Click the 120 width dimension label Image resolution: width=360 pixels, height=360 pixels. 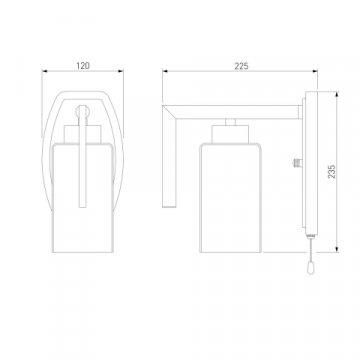(83, 66)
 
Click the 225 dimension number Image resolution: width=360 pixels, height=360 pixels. (241, 66)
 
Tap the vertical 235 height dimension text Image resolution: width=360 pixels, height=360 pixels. (332, 171)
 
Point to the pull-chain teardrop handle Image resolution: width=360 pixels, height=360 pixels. (310, 268)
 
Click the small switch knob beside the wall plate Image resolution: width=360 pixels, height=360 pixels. (297, 163)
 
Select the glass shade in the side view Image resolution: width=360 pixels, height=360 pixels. (230, 198)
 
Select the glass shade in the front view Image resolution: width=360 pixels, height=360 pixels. (82, 198)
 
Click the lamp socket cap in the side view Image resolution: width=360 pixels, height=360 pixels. (230, 134)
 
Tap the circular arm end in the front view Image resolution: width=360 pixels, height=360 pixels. (82, 111)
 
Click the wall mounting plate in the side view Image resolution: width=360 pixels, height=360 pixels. (311, 163)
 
